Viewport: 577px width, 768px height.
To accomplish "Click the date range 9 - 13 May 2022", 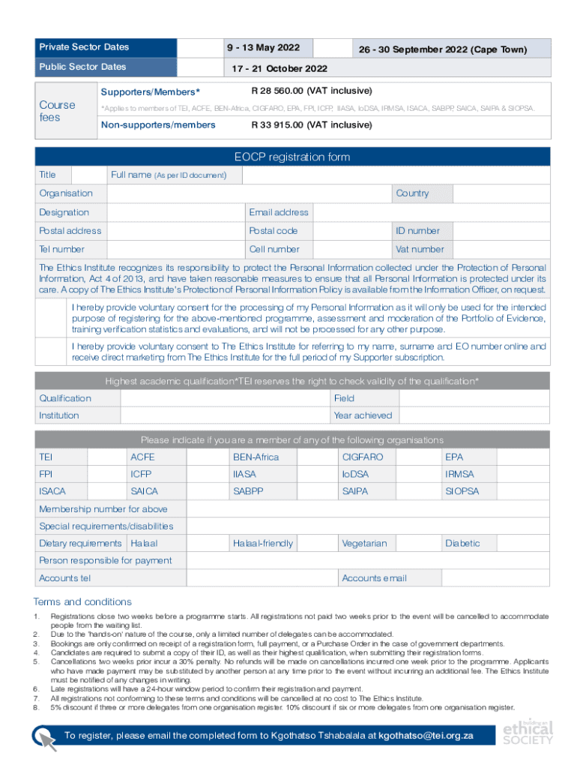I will (263, 48).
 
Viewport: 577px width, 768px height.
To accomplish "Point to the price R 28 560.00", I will (279, 91).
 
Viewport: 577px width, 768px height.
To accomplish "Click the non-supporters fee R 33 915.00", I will (279, 124).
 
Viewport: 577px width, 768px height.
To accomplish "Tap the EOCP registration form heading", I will (292, 157).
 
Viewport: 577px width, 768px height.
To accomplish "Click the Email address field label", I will (279, 212).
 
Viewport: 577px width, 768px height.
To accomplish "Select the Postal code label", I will (274, 231).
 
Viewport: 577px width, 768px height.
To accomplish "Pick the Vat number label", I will (420, 249).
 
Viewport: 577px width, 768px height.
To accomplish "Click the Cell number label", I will (274, 249).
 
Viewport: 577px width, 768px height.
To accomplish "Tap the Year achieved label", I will (363, 415).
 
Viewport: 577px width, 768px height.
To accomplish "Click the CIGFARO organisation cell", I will (363, 457).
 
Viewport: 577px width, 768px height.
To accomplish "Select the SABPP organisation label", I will (249, 491).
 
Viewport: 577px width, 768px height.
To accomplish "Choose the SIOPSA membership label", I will (462, 491).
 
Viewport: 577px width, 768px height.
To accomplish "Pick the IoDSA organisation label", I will (355, 474).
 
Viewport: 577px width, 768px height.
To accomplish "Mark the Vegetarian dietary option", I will (364, 543).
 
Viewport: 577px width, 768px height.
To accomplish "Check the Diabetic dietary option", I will (462, 543).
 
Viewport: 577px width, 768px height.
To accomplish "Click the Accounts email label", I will (374, 578).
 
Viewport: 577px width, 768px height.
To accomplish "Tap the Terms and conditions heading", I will (82, 601).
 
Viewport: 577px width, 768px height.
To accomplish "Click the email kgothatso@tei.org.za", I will (426, 736).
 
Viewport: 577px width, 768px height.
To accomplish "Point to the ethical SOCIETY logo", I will (527, 732).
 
